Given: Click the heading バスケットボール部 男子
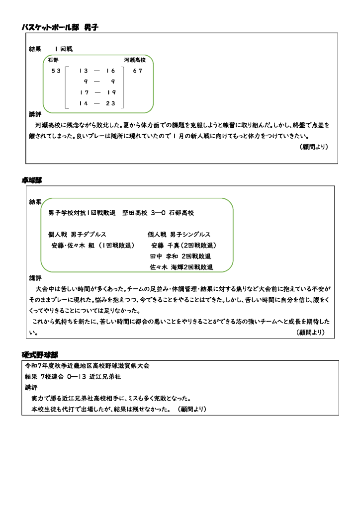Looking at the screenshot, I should tap(60, 27).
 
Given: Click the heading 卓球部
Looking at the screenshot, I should tap(32, 180).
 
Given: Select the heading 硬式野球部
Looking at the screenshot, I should tap(40, 355).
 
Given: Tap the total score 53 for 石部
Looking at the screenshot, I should tap(56, 71).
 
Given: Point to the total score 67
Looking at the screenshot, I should tap(138, 71).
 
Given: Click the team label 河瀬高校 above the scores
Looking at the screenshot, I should tap(135, 60).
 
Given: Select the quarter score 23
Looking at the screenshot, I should tap(110, 103).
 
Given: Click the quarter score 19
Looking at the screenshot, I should tap(111, 92).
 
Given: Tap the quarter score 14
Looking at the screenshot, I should tap(84, 103).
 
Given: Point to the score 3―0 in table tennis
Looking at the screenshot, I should tap(157, 213).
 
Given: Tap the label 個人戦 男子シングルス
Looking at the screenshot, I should tap(179, 234).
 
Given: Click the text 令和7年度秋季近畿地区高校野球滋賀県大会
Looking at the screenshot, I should tap(88, 365).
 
